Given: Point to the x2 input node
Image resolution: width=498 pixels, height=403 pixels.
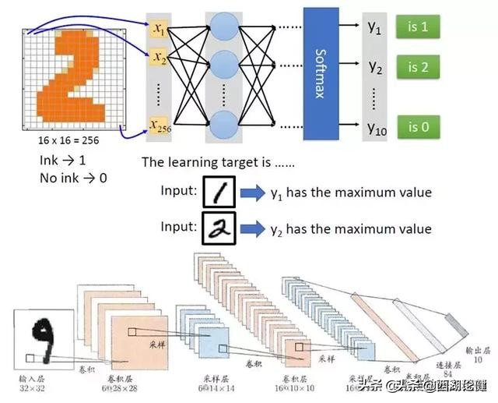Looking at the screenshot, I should (x=160, y=57).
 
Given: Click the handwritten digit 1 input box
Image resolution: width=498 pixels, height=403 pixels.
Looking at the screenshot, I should (x=219, y=192).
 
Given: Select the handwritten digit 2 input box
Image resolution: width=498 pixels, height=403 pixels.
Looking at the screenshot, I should (x=219, y=228).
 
